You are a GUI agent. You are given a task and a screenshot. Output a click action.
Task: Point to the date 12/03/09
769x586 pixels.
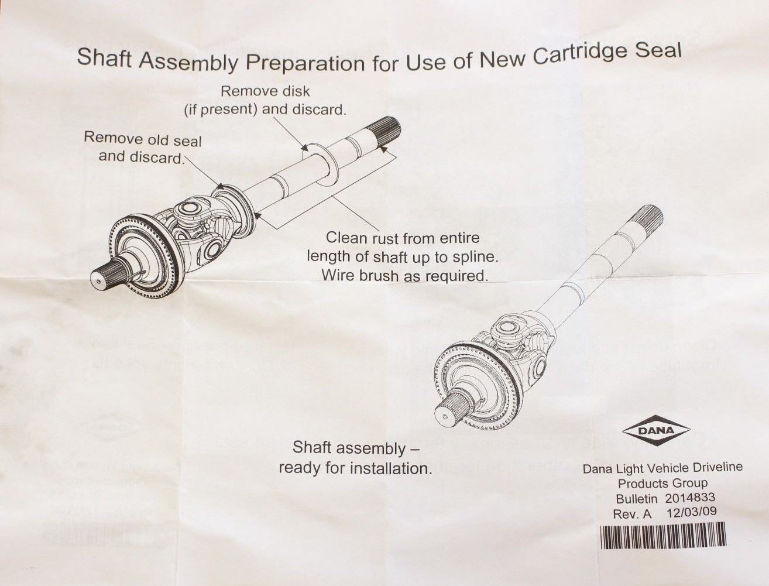(x=692, y=513)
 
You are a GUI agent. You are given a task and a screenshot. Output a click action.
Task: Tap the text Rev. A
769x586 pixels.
(x=631, y=514)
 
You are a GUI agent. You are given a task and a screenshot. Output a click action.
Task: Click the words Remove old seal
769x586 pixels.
(x=142, y=139)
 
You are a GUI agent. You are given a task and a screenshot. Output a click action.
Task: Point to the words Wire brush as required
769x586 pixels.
(x=404, y=275)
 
